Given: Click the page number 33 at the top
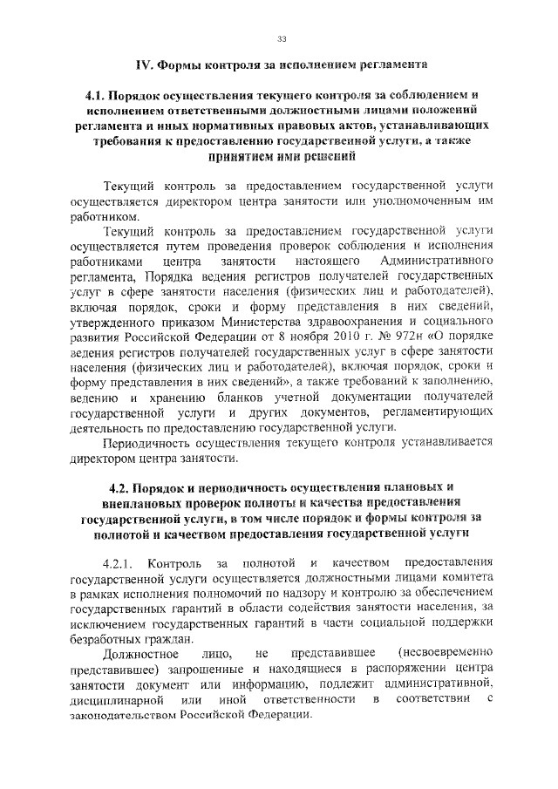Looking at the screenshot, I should (x=282, y=38).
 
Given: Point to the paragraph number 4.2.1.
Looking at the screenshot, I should (x=119, y=558).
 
